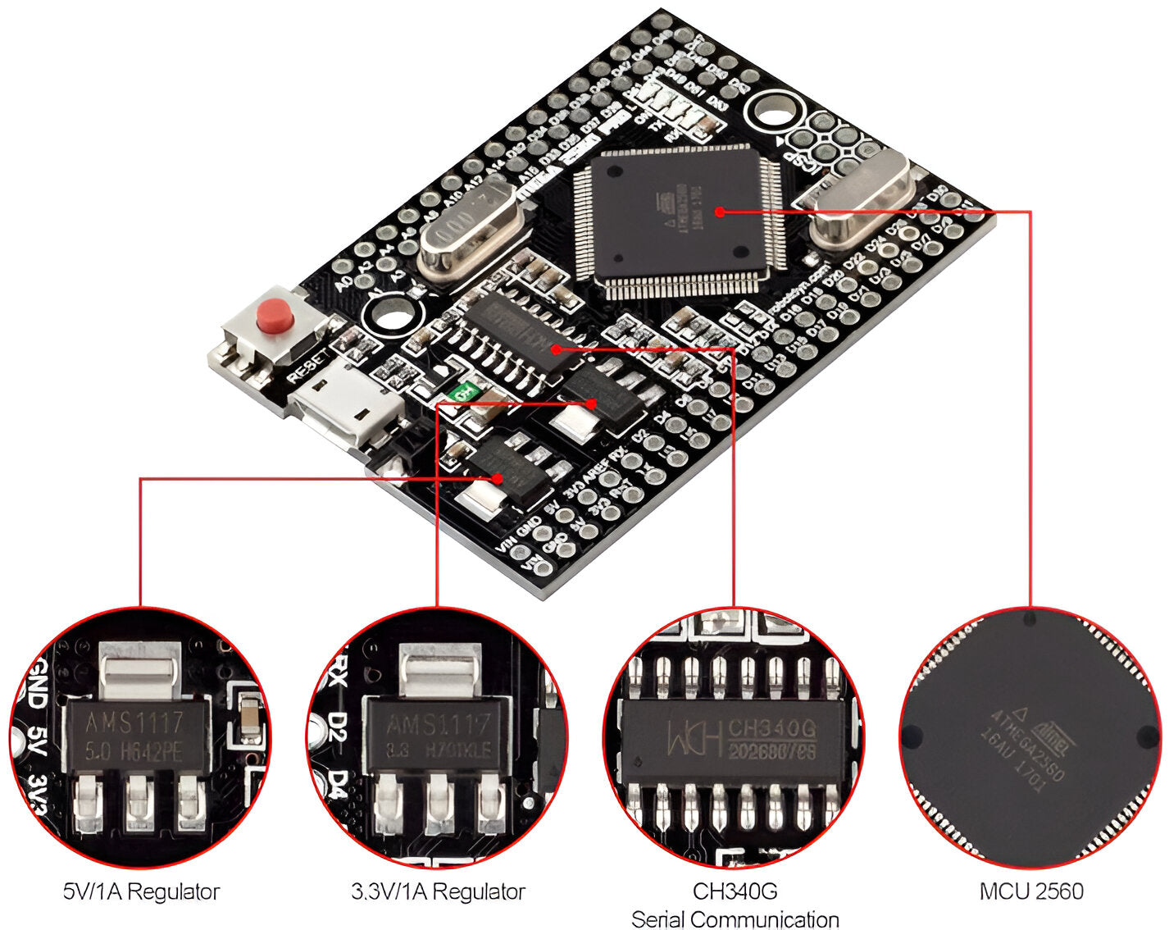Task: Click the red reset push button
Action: click(x=275, y=316)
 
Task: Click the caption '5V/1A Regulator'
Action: click(x=141, y=891)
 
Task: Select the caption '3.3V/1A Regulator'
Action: click(x=438, y=891)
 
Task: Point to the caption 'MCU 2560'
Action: click(x=1031, y=891)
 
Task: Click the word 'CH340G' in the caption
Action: click(x=735, y=891)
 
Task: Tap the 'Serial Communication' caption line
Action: click(x=735, y=919)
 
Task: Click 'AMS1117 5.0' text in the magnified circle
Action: click(x=135, y=736)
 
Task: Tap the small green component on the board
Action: click(x=465, y=392)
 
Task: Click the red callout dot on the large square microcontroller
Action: click(x=719, y=212)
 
